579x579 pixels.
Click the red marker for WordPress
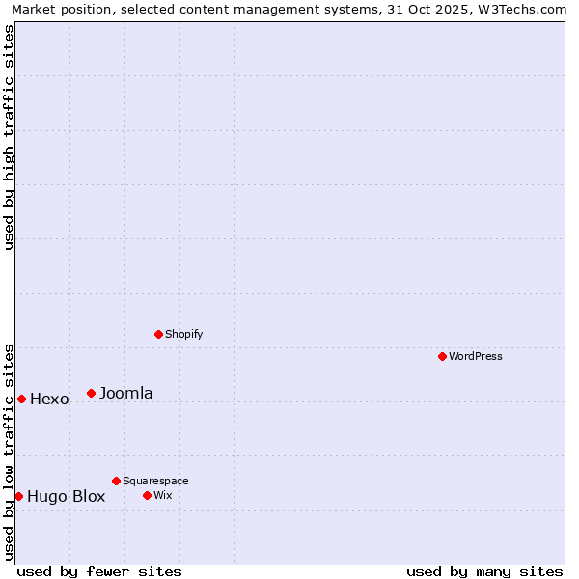[443, 356]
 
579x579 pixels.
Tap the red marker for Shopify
[159, 334]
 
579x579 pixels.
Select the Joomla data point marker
[92, 393]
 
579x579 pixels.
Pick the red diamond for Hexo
[21, 399]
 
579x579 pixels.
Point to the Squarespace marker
[116, 481]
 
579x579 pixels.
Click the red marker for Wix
[147, 495]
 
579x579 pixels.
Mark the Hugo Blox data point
[18, 496]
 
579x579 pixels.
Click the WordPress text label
[476, 356]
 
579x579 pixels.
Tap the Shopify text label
[183, 334]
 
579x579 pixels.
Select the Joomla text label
[125, 393]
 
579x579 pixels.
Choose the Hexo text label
[49, 400]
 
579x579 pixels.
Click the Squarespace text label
[155, 481]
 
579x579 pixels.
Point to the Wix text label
[162, 495]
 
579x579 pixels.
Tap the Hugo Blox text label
[66, 497]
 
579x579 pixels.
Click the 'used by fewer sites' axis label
[99, 571]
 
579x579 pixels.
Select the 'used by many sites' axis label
[484, 571]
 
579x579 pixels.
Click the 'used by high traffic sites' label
[9, 137]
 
